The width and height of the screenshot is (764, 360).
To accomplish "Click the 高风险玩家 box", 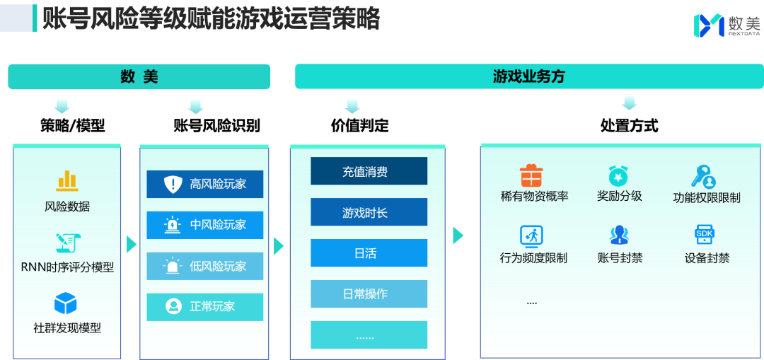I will [x=204, y=185].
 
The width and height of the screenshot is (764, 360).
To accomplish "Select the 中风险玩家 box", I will [x=204, y=225].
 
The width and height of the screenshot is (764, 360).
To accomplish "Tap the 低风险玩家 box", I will [x=204, y=266].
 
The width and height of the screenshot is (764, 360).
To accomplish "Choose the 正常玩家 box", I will [x=204, y=307].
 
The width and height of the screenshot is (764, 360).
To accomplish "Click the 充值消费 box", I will [x=369, y=171].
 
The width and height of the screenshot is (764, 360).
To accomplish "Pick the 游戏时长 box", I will [x=369, y=212].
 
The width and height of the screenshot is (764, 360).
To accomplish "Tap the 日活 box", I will [x=369, y=253].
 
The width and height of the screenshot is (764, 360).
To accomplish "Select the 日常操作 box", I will [x=369, y=294].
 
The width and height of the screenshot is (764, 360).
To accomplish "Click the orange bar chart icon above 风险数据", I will [x=67, y=180].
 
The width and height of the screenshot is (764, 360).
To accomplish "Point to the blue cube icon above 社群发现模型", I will [x=66, y=303].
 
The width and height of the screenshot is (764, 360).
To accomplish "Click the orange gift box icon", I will [x=531, y=175].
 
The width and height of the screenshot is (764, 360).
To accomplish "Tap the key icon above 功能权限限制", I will [x=703, y=176].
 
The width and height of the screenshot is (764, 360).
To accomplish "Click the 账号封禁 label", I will [x=620, y=258].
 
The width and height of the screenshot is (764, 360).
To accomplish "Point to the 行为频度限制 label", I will [x=533, y=258].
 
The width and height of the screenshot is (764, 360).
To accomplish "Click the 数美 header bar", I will [x=139, y=77].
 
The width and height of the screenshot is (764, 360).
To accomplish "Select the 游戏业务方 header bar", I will [x=528, y=77].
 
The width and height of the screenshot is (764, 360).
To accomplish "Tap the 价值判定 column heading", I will [x=359, y=126].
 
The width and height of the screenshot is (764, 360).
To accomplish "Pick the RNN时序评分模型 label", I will [x=67, y=267].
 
